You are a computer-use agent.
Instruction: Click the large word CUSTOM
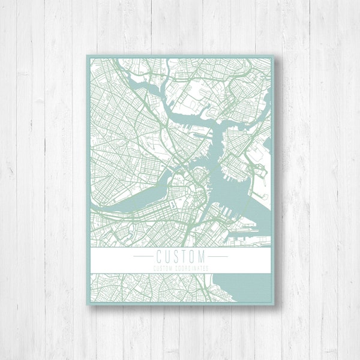pos(179,256)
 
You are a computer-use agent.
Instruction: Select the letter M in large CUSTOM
pos(201,256)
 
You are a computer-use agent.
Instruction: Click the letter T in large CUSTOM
pos(183,256)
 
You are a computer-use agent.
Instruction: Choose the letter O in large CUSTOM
pos(191,256)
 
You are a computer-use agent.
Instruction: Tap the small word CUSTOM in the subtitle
pos(163,268)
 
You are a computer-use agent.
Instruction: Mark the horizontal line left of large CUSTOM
pos(143,256)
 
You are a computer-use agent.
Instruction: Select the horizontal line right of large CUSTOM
pos(217,256)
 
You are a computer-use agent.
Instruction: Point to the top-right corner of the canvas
pos(274,56)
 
